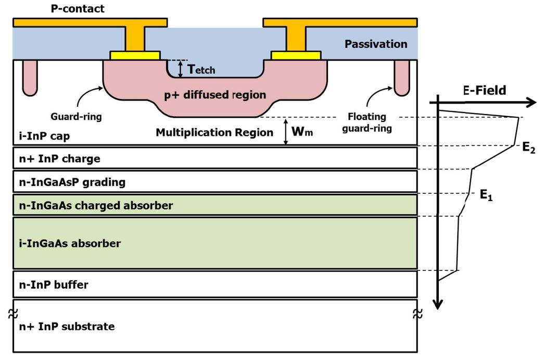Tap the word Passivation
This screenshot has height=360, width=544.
pos(375,44)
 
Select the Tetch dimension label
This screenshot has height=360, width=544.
pos(201,69)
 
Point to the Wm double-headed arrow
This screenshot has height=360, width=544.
pos(285,131)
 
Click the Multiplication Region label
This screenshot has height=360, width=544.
pos(214,132)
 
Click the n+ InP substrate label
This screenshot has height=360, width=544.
pos(66,327)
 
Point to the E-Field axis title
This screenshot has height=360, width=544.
pos(484,90)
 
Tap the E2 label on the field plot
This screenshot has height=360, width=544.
pos(529,147)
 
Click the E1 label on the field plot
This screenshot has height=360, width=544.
pos(486,195)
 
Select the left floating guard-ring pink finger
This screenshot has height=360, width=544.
pos(30,77)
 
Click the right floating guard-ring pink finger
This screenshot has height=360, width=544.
pos(401,77)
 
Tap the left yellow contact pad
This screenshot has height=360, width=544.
pos(134,55)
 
